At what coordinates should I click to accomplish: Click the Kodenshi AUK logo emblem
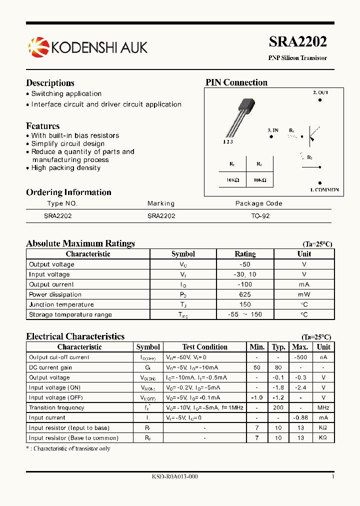tap(38, 47)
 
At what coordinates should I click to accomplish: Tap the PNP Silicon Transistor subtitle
tap(297, 58)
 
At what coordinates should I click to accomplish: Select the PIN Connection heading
tap(236, 82)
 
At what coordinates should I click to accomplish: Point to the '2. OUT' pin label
tap(320, 92)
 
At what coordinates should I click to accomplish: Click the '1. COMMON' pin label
tap(324, 190)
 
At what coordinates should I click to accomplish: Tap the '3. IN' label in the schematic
tap(272, 130)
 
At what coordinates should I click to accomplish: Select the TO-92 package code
tap(260, 216)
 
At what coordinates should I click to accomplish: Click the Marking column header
tap(161, 203)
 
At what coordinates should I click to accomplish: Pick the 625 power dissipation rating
tap(245, 294)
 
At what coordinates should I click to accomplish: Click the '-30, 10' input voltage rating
tap(245, 274)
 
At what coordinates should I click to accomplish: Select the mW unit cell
tap(304, 294)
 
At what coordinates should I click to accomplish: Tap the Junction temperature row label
tap(61, 304)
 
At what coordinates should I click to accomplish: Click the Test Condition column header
tap(204, 347)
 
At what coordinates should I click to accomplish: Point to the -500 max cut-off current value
tap(299, 357)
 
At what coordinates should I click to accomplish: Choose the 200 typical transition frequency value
tap(278, 407)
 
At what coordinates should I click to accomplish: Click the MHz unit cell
tap(323, 407)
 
